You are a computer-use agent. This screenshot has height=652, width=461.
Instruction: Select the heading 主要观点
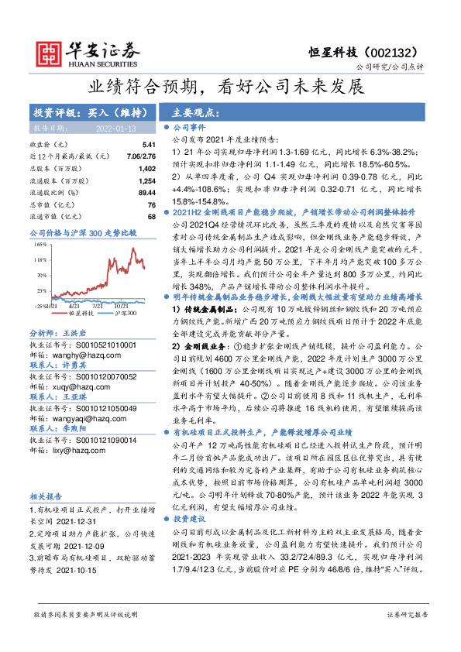(x=192, y=111)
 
